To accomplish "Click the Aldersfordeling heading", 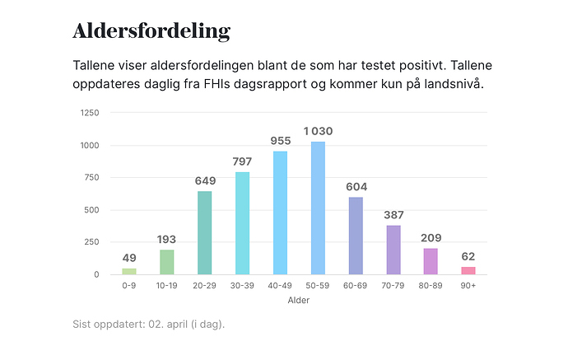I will [151, 31].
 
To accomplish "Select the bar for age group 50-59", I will [318, 208].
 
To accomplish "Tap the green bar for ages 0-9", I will [129, 271].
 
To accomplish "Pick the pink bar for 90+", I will [468, 270].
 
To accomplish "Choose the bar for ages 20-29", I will [205, 233].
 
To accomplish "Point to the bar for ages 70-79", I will [393, 250].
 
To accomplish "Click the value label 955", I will [281, 141].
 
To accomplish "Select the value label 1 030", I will [318, 131].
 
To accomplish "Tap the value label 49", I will [129, 258].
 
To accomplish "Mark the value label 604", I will [356, 186].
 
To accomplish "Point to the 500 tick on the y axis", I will [91, 210].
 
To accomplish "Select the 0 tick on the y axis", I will [96, 274].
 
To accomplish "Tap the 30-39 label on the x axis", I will [243, 286].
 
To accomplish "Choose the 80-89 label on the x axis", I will [431, 286].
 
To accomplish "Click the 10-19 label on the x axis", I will [167, 286].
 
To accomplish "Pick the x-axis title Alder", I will [299, 300].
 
